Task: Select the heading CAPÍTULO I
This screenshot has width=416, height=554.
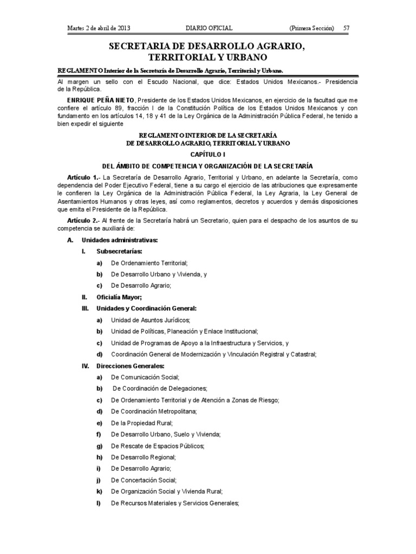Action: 208,154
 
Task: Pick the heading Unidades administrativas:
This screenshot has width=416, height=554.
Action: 120,240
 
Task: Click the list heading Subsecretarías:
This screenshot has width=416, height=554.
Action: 120,252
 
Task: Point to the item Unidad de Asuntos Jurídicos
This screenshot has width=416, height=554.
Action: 150,320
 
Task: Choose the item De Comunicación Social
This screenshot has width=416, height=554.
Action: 145,377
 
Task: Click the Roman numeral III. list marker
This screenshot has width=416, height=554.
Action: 84,308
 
